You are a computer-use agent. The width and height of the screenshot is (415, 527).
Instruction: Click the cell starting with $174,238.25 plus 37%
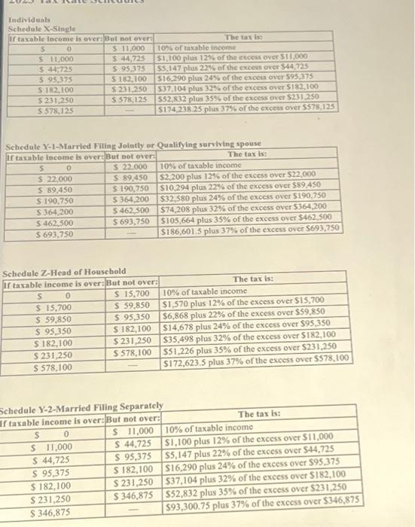tap(246, 108)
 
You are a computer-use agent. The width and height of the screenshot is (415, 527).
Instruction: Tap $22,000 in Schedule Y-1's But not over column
tap(136, 165)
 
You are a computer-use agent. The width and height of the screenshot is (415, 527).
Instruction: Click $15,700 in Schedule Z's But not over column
tap(136, 293)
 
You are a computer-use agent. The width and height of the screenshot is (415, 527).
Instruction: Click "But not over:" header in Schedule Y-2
tap(134, 418)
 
